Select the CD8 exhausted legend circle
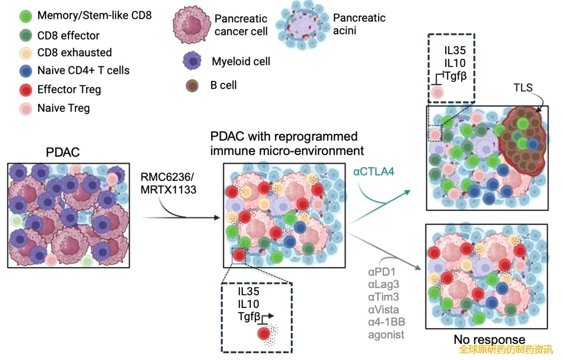[x=25, y=53]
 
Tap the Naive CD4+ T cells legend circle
[x=25, y=71]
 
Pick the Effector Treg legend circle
[x=25, y=90]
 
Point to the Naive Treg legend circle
[x=25, y=109]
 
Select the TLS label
[x=522, y=87]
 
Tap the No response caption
[x=489, y=340]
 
